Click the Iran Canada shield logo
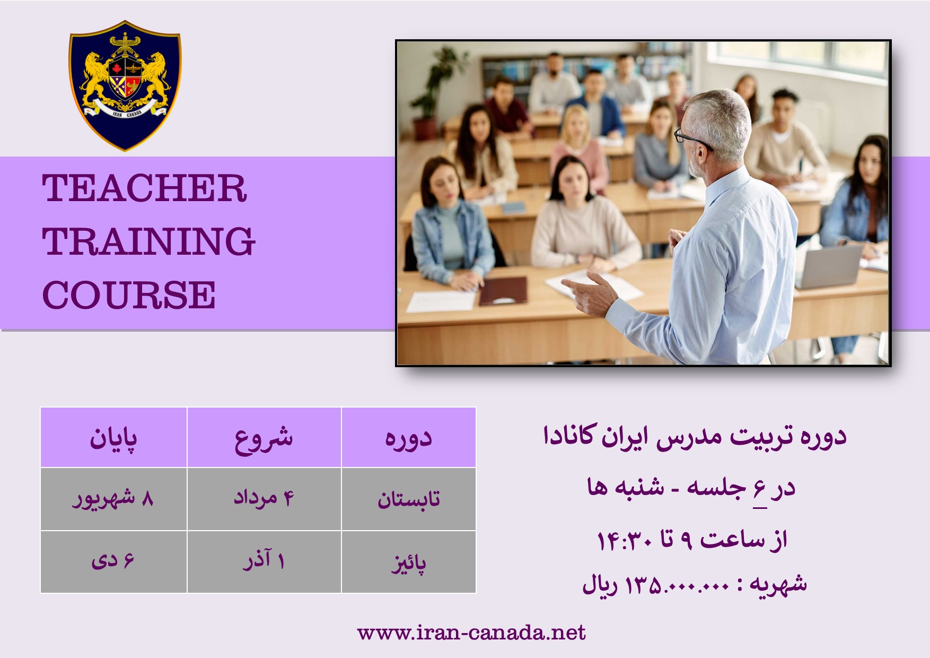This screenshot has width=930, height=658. click(125, 86)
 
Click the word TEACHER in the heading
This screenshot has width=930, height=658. click(145, 188)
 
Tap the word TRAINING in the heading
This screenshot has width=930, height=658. click(149, 241)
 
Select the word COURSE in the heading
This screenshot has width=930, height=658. click(129, 295)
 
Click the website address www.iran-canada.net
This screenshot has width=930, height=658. click(471, 633)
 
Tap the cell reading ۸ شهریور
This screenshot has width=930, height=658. click(113, 499)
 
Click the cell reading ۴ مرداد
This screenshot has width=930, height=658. click(264, 499)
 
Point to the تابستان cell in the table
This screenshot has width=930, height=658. click(409, 499)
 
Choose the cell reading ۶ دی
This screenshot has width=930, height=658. click(113, 561)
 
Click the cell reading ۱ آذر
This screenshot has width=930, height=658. click(264, 561)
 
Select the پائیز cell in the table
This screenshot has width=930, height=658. click(409, 561)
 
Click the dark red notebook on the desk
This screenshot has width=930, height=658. click(503, 291)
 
